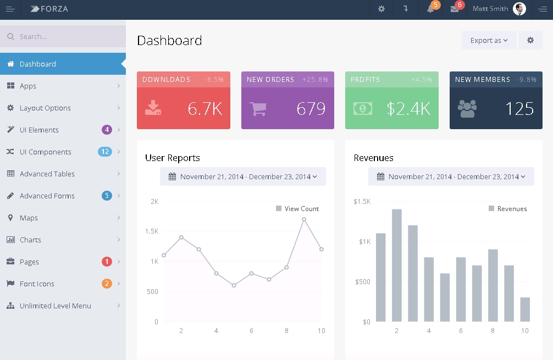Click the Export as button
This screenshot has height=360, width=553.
tap(489, 40)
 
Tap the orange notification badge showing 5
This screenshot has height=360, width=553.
tap(436, 5)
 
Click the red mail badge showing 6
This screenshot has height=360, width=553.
tap(460, 5)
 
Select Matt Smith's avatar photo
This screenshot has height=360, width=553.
tap(519, 9)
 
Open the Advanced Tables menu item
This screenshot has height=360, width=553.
tap(47, 174)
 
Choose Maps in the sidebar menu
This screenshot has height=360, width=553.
tap(29, 218)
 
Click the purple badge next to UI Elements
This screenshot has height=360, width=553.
tap(107, 130)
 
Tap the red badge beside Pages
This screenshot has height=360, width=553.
tap(107, 262)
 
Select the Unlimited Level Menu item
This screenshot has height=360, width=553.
tap(55, 306)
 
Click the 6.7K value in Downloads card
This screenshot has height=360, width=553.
tap(204, 108)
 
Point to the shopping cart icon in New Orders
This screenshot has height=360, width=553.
tap(258, 108)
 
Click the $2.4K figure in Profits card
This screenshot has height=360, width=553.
tap(408, 108)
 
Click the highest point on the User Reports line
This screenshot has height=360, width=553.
tap(304, 219)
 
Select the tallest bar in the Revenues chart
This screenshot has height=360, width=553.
tap(397, 265)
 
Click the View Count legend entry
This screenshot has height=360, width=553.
tap(297, 209)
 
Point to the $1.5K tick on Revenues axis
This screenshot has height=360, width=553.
tap(362, 202)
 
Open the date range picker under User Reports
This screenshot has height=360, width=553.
tap(242, 176)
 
